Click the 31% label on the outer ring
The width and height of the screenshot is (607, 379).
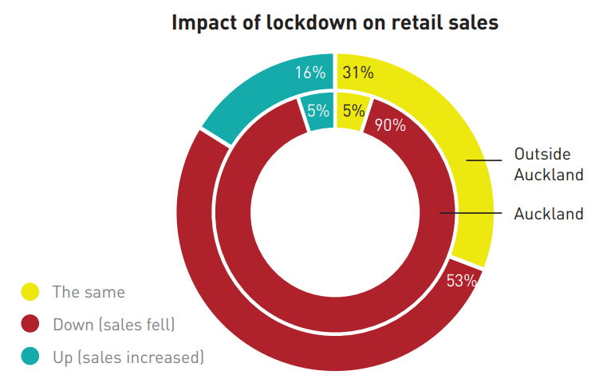tap(357, 73)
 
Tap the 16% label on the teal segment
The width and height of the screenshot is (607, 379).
tap(311, 73)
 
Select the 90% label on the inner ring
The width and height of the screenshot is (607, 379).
tap(390, 124)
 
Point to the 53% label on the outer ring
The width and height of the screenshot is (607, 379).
tap(462, 280)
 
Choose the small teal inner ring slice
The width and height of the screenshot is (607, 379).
tap(319, 118)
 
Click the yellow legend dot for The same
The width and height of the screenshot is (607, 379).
tap(30, 292)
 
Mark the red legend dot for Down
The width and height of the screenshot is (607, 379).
tap(30, 324)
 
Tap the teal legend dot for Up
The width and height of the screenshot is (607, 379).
tap(30, 357)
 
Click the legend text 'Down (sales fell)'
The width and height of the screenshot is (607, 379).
tap(113, 324)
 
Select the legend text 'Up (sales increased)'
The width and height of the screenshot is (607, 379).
tap(128, 357)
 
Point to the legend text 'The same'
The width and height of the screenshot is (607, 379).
tap(89, 292)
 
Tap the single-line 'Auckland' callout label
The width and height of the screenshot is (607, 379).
tap(549, 214)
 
